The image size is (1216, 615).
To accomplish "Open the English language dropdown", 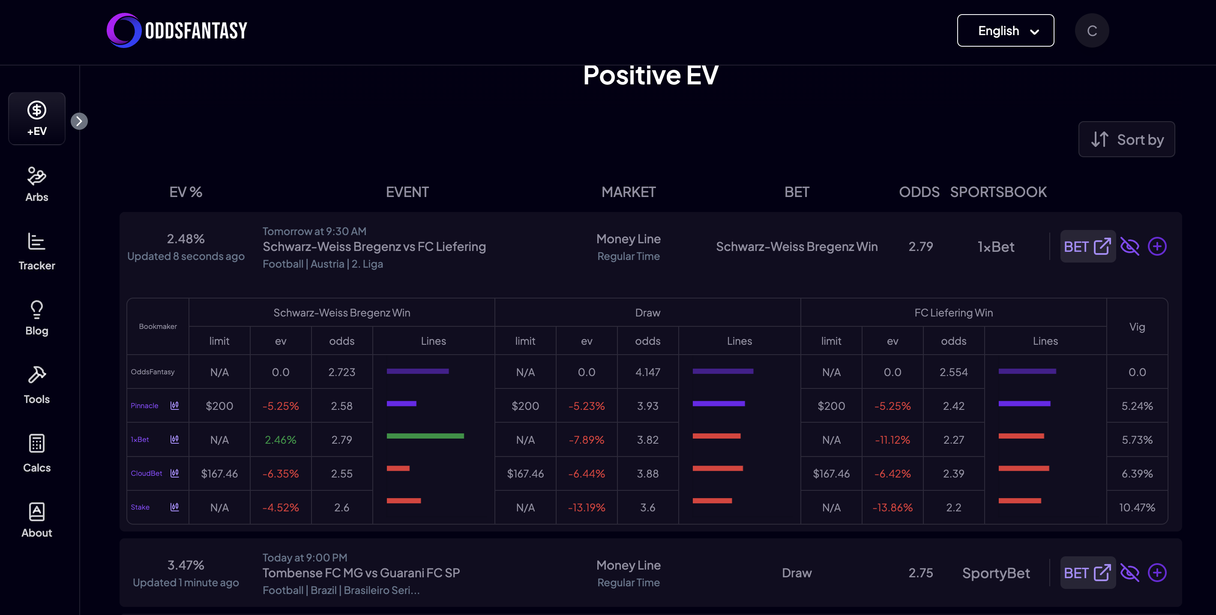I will point(1005,31).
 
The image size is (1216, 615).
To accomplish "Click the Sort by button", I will point(1126,140).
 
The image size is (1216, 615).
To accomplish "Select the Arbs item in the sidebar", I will point(37,185).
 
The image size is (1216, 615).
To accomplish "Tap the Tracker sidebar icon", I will point(37,251).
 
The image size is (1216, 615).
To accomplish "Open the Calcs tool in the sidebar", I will point(37,453).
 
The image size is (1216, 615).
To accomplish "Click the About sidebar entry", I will point(37,519).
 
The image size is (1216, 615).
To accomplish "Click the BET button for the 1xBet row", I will point(1087,246).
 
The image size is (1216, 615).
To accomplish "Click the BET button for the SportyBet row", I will point(1087,573).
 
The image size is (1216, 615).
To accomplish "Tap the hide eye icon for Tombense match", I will point(1129,573).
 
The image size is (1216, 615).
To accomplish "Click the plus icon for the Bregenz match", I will point(1157,246).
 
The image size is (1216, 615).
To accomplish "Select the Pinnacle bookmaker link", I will point(144,406).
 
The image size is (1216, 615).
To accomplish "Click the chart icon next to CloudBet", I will point(175,473).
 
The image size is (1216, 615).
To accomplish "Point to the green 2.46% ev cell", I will point(280,440).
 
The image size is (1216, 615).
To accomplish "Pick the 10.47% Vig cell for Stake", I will point(1137,508).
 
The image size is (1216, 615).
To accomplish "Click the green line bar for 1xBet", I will point(425,436).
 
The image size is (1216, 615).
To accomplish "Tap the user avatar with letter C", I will point(1091,31).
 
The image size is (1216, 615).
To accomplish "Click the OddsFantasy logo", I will point(177,31).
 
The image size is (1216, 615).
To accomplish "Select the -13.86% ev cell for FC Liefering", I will point(892,508).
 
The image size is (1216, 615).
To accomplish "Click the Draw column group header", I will point(647,313).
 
